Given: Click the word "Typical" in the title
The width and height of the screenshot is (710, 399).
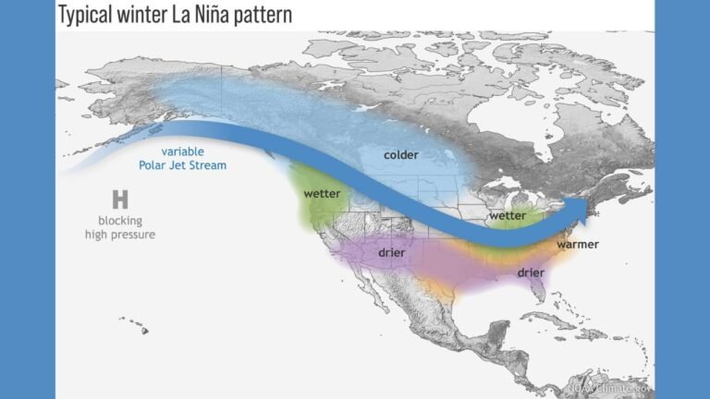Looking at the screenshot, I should [88, 15].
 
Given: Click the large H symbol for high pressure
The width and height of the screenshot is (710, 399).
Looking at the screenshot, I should [119, 199].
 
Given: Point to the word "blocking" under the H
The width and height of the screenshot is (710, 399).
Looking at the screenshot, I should [119, 220].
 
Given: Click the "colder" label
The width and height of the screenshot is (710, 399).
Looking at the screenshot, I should [401, 154].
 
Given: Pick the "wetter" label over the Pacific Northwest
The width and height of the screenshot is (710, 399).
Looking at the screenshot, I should [322, 194].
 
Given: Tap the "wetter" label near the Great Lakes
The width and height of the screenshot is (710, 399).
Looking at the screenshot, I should [507, 215].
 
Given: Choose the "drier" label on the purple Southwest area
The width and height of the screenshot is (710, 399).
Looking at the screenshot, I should [393, 252].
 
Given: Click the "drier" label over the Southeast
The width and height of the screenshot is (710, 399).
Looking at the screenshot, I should [530, 272].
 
